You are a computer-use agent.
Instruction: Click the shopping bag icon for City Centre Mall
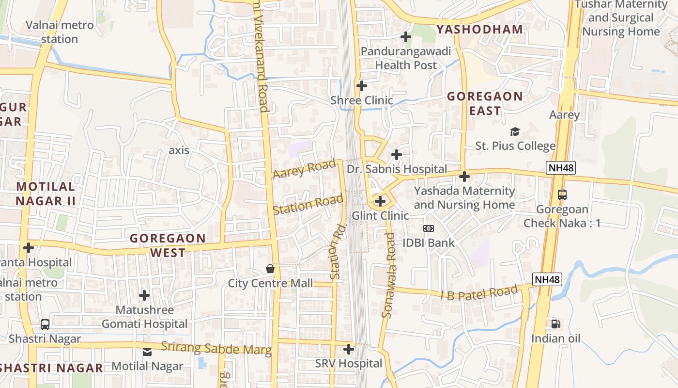coord(270,269)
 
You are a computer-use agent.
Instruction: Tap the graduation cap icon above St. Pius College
coord(515,131)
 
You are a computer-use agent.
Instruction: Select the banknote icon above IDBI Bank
coord(429,228)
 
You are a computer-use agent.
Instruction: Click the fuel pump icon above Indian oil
coord(555,323)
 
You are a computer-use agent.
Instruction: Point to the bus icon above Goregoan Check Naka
coord(562,195)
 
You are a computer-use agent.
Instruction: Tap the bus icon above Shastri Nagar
coord(45,324)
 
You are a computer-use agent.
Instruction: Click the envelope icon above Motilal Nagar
coord(147,352)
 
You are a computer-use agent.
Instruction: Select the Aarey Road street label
coord(304,169)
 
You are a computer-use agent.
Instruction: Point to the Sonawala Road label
coord(389,275)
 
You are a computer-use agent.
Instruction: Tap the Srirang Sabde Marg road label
coord(216,349)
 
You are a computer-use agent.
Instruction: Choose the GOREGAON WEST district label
coord(168,245)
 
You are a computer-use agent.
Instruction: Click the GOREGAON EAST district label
coord(485,103)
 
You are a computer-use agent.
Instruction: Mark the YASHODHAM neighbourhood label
coord(479,30)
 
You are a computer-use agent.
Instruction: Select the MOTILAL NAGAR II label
coord(46,194)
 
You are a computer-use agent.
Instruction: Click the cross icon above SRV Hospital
coord(349,349)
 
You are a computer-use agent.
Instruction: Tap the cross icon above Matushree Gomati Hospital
coord(144,295)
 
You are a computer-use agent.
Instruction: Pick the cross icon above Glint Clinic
coord(380,201)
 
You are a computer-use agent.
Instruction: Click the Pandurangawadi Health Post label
coord(406,58)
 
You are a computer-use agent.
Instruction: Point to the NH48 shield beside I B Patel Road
coord(547,279)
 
